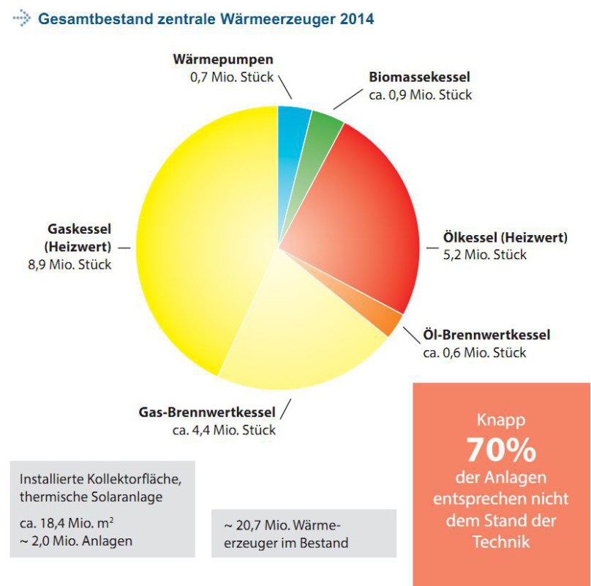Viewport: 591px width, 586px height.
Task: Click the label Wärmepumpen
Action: (x=224, y=59)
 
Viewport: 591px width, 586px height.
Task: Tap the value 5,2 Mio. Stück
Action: (x=484, y=255)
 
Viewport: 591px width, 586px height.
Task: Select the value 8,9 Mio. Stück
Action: (x=69, y=264)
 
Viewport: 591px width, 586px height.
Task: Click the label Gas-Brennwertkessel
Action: (x=206, y=412)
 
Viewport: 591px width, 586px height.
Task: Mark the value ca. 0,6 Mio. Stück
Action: (x=474, y=352)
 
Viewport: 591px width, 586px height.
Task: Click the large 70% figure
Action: (x=501, y=449)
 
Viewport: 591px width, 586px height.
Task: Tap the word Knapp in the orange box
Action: (x=501, y=420)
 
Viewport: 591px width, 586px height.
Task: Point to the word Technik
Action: (x=501, y=542)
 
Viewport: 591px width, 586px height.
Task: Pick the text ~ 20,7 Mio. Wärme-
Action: (x=282, y=526)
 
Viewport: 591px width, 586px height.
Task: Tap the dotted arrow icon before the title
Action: (x=21, y=19)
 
